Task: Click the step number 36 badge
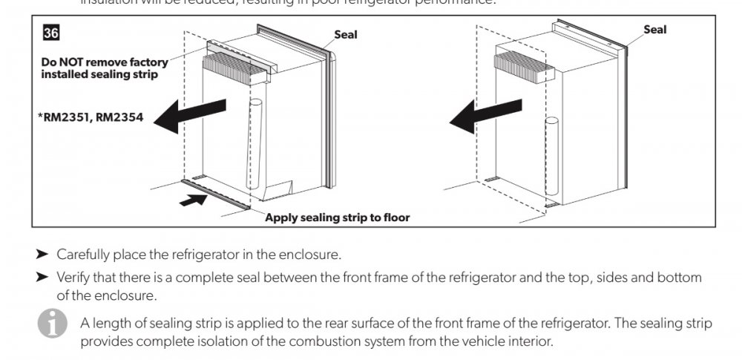point(51,33)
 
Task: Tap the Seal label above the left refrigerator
point(346,35)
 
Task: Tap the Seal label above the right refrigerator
point(654,30)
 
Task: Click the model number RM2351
point(66,117)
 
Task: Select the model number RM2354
point(119,117)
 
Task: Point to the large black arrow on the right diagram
point(483,116)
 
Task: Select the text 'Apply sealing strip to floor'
point(337,217)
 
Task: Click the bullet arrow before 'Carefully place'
point(42,255)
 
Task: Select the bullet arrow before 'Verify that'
point(42,278)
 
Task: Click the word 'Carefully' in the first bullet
point(83,255)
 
